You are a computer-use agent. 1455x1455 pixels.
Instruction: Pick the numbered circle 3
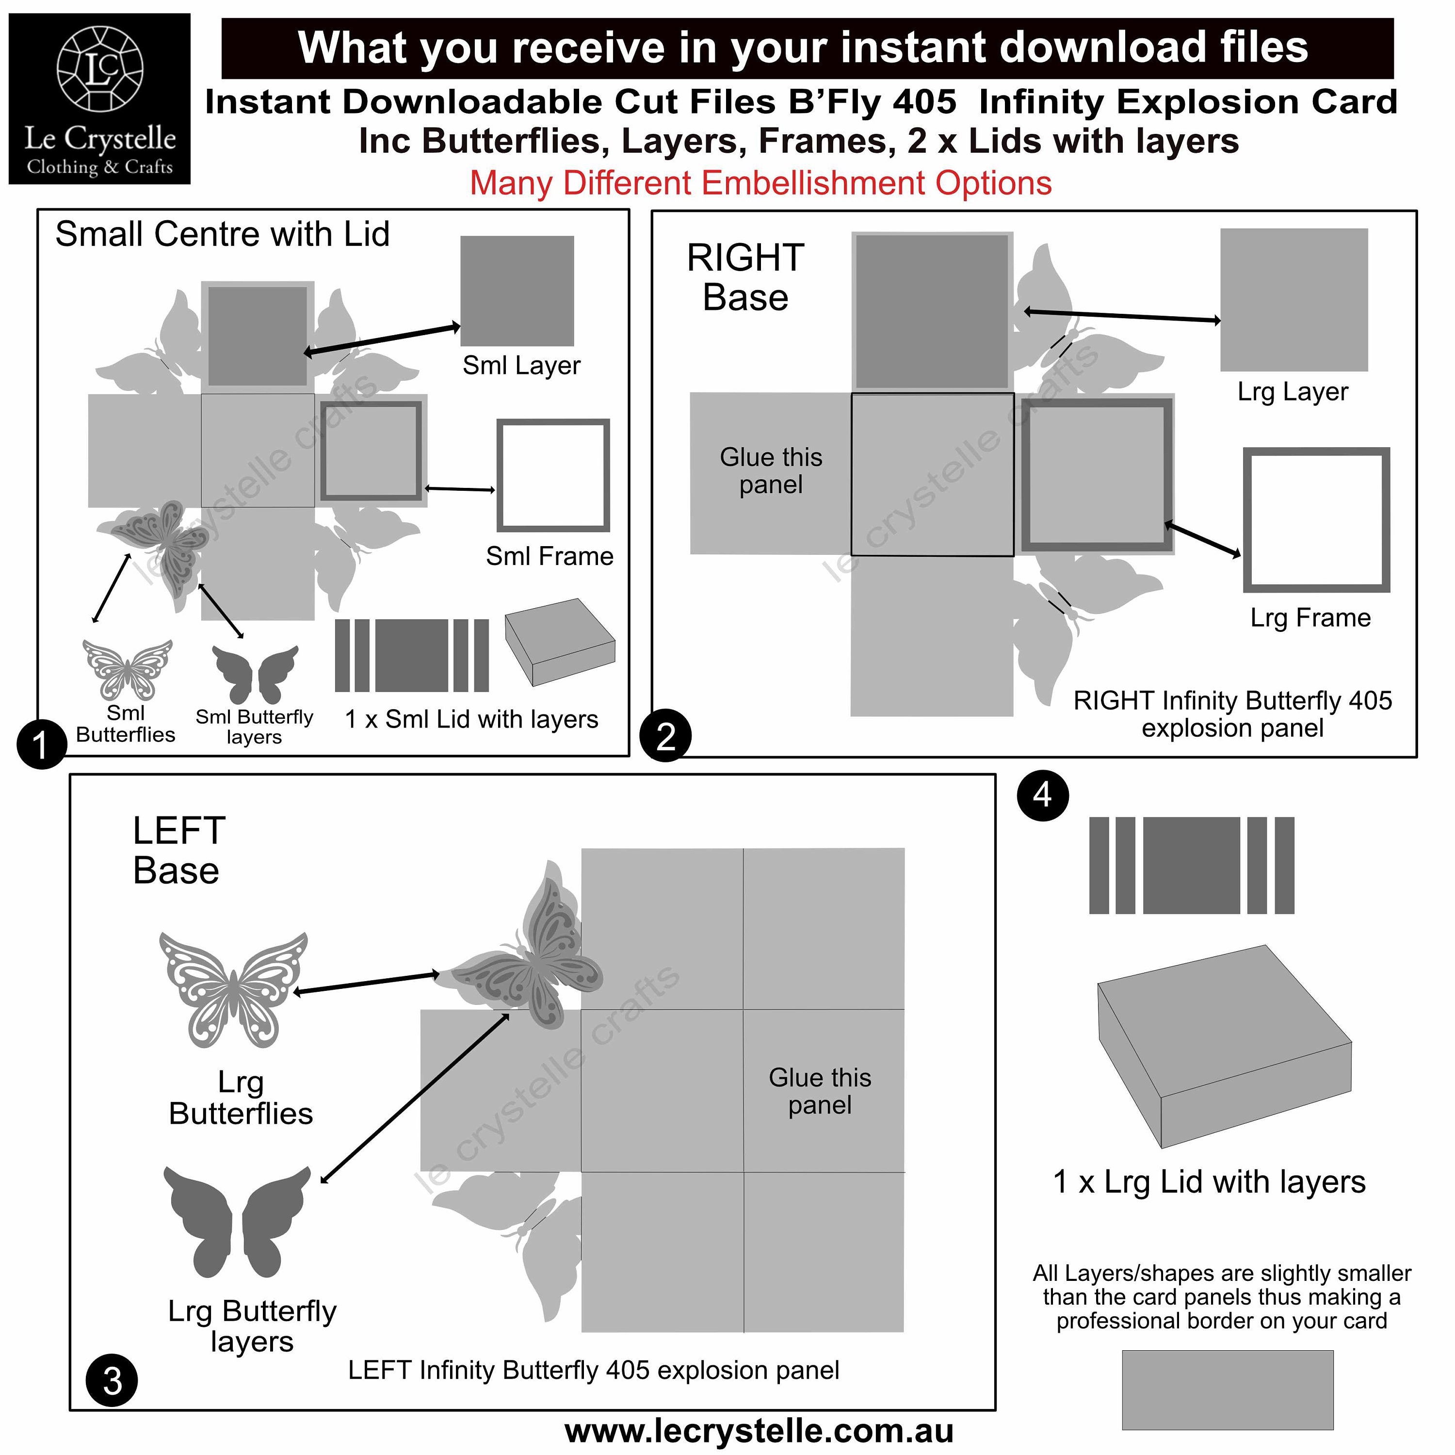point(112,1380)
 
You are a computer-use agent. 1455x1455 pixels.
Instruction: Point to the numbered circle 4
point(1043,795)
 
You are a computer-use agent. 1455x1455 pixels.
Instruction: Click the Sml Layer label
point(521,365)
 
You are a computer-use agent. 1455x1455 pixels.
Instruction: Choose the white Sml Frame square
point(553,475)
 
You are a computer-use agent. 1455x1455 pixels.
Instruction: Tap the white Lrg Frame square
point(1316,519)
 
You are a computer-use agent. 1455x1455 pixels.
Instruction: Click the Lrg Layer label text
point(1293,391)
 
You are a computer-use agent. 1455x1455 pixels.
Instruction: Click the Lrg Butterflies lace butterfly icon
point(233,989)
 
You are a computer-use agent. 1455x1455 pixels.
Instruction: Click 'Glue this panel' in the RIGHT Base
point(771,470)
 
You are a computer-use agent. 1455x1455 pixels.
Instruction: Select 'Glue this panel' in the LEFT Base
point(820,1091)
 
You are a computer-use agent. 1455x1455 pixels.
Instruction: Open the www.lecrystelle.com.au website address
point(759,1431)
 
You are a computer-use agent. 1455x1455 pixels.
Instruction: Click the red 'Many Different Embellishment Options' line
point(760,183)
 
